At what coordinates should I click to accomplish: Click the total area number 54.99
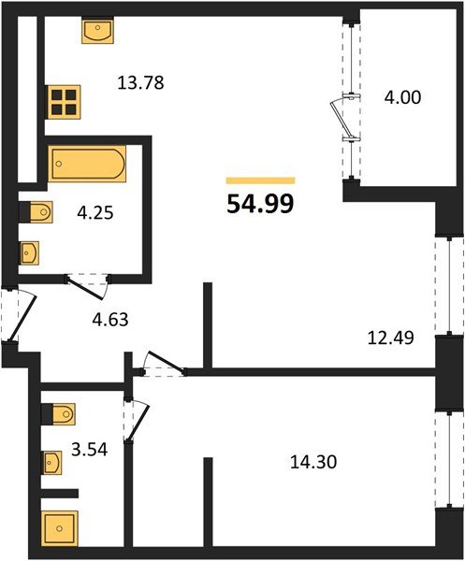[x=260, y=202]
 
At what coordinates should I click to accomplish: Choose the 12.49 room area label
[x=391, y=336]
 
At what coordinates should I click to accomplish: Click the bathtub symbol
[x=86, y=165]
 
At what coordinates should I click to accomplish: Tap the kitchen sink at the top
[x=96, y=32]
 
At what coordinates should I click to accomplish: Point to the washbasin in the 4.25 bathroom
[x=31, y=252]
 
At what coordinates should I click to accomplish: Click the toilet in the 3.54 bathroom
[x=58, y=413]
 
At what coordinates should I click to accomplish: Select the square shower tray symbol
[x=61, y=530]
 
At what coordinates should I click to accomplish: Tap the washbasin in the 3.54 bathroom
[x=53, y=461]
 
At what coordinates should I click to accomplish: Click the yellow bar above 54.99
[x=261, y=180]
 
